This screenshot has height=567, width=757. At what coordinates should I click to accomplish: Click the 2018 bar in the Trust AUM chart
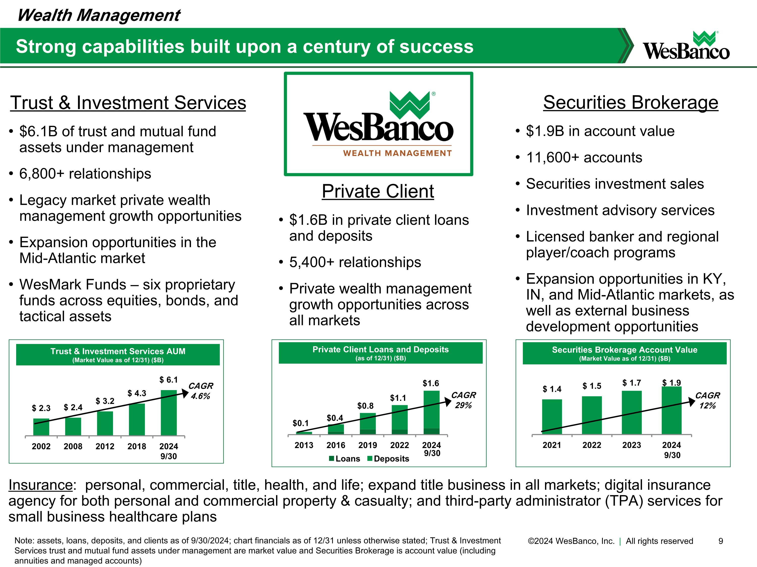137,419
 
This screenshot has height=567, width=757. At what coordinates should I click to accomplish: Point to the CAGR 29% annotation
463,400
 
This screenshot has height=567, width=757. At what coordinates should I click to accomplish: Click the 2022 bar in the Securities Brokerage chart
592,415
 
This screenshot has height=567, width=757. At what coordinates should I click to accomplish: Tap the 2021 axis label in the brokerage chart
552,445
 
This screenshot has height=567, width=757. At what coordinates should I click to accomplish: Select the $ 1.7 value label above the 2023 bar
631,383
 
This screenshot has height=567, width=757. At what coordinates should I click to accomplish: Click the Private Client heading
378,191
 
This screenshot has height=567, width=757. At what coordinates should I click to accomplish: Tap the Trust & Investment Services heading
128,103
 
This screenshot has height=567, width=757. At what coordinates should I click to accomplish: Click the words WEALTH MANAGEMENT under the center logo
397,153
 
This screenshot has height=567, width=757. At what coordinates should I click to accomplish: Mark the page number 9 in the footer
720,541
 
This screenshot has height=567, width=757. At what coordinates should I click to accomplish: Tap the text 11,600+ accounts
584,157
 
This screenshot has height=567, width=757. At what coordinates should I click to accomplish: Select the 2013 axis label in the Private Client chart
304,445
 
